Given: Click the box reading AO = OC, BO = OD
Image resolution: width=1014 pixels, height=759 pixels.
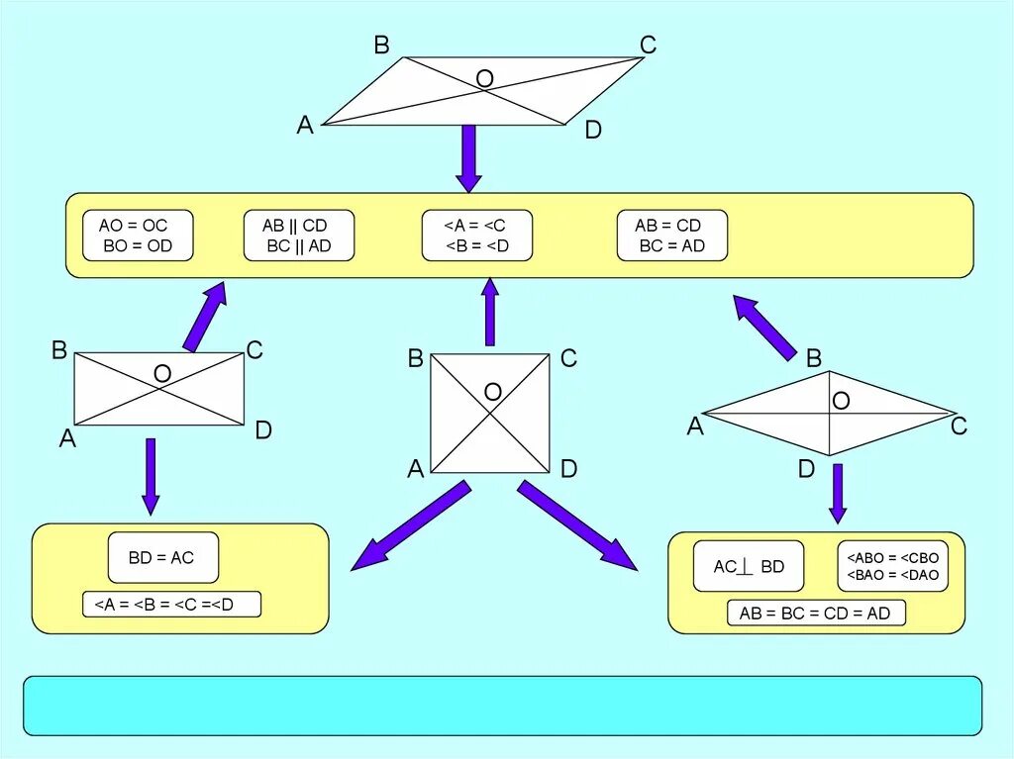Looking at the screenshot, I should (139, 236).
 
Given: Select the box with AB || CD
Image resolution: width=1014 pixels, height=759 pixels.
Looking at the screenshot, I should (299, 236).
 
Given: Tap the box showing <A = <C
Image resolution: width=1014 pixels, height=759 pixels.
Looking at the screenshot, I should (476, 236).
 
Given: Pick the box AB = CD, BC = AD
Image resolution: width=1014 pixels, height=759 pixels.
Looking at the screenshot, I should (671, 236).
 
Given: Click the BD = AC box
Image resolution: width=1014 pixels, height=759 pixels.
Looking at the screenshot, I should (162, 557).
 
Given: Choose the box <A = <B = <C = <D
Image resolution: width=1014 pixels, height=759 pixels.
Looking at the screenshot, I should (171, 604).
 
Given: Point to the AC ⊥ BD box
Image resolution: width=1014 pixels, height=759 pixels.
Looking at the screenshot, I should (749, 566).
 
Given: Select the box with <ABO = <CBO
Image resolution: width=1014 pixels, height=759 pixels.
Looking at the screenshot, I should (892, 566).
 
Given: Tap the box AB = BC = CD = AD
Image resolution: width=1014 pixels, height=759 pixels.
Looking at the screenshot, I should (815, 613).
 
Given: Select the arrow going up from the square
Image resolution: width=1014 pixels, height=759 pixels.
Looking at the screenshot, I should (489, 311).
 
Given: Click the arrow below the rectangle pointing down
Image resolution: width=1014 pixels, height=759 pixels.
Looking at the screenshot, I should (151, 476).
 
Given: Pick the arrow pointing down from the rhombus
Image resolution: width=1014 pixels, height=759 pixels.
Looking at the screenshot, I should (838, 493).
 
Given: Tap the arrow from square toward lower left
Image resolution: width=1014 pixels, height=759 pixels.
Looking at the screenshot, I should (410, 526).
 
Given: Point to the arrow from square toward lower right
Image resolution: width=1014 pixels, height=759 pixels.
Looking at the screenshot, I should (576, 526).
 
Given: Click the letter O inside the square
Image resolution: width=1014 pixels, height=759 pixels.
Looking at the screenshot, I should (492, 393).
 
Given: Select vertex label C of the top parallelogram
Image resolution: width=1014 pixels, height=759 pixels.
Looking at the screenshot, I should (648, 45).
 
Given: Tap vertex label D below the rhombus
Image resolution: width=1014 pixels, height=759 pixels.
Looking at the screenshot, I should (806, 469).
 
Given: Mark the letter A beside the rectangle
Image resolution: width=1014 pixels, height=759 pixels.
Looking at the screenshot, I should (67, 438).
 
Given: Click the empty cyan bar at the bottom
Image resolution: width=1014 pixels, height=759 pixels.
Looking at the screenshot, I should (502, 706).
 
